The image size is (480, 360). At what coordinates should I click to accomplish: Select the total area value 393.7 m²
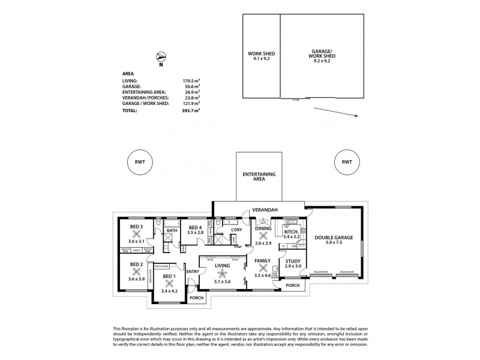click(190, 110)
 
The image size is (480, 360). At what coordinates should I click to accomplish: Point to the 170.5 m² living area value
click(190, 80)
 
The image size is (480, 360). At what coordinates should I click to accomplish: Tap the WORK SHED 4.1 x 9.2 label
click(260, 56)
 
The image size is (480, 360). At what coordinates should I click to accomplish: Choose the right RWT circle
click(346, 163)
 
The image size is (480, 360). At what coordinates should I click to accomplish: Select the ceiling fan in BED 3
click(137, 235)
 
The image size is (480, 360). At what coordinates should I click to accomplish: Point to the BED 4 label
click(195, 227)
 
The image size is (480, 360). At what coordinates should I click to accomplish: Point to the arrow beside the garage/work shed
click(336, 113)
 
